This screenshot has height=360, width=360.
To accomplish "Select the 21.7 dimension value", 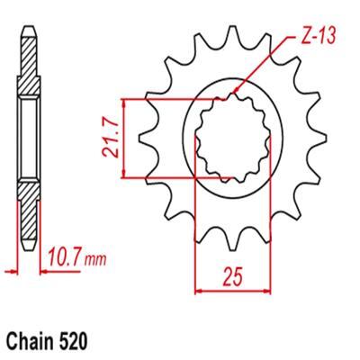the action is tap(110, 139).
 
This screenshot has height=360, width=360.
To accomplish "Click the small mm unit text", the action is tap(95, 259).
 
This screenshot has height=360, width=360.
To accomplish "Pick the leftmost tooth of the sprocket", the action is tap(147, 138).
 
